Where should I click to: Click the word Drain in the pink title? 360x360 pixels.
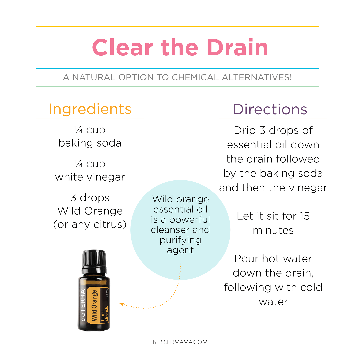237,47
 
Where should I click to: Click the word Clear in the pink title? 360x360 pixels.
123,47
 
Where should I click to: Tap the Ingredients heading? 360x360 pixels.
90,109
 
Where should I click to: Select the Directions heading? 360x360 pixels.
270,109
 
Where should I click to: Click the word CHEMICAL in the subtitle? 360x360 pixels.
195,77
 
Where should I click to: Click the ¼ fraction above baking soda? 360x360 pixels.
79,130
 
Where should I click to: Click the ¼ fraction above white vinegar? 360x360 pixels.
79,164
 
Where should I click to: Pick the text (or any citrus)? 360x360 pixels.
90,224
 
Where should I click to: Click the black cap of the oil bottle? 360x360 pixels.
94,258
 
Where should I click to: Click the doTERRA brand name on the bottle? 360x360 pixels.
83,305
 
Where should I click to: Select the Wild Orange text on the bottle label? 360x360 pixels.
94,305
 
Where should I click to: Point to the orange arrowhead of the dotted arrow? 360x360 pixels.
122,305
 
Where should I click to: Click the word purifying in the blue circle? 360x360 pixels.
180,240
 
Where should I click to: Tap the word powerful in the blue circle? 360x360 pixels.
190,220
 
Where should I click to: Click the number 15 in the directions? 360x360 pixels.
305,216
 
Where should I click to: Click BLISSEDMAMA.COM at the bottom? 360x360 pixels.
180,342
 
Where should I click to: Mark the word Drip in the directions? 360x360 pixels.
245,131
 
